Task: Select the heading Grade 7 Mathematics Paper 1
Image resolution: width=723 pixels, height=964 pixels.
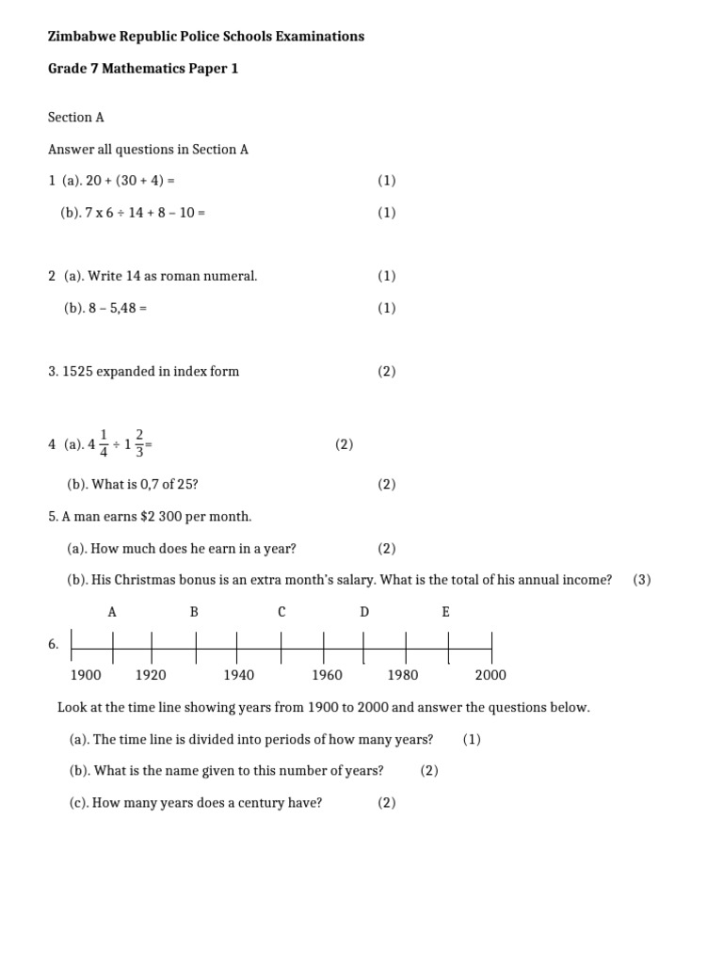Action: point(143,69)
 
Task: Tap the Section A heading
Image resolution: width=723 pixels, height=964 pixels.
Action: point(76,118)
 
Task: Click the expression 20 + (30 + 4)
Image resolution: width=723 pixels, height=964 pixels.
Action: point(126,181)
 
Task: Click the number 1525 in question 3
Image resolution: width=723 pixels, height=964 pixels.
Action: point(78,371)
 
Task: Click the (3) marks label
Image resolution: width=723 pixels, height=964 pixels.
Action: point(642,580)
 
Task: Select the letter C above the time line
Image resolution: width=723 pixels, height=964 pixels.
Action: point(281,612)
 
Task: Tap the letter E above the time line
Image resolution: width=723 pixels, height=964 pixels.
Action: point(446,612)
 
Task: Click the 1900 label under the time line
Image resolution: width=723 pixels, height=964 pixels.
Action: point(86,675)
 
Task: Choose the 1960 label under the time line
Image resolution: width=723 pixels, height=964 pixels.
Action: point(327,675)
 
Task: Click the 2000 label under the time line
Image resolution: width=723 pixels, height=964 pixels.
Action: point(490,675)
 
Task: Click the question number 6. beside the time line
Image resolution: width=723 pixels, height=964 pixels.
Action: point(54,645)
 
